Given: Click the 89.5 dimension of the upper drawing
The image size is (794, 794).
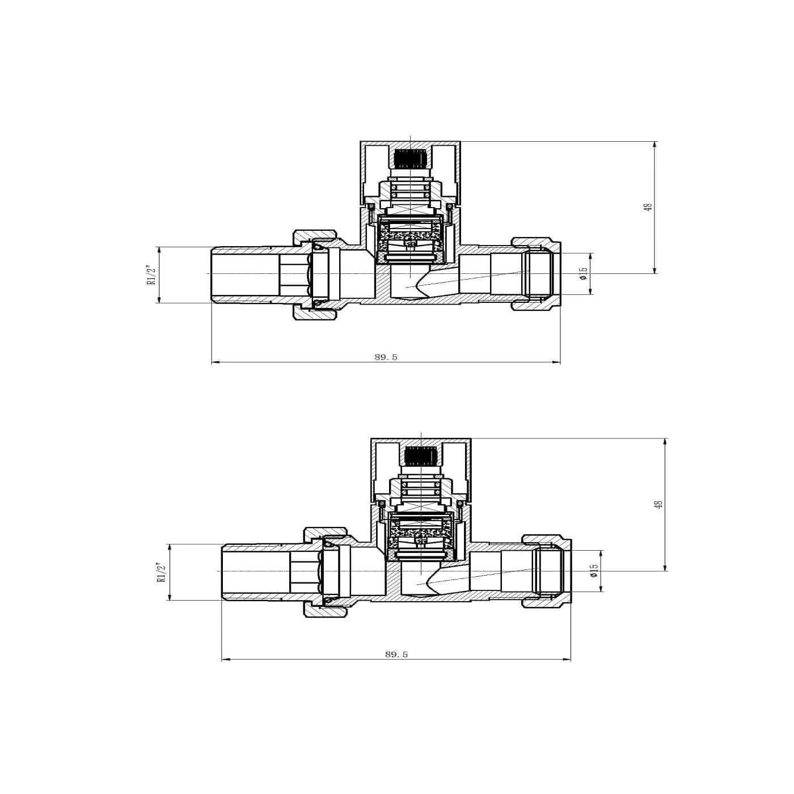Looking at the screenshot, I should pos(386,357).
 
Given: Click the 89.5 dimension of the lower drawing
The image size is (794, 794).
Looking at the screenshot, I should pos(396,654).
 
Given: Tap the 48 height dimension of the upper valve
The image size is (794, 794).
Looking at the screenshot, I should pos(649,207).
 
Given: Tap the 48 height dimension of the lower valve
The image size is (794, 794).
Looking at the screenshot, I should pos(658,504).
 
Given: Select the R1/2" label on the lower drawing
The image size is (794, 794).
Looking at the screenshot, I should pos(162,572).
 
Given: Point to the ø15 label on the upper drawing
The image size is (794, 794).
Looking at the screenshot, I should pos(582,274).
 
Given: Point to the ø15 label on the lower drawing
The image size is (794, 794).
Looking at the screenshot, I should pos(593,571).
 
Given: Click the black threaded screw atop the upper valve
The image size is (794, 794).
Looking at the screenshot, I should pos(409,159).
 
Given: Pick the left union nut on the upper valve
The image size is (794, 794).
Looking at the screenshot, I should pos(315,274).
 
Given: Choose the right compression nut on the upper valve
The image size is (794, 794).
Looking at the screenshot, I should pos(536,274).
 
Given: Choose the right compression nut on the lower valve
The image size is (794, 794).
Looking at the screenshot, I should pos(547,571).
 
